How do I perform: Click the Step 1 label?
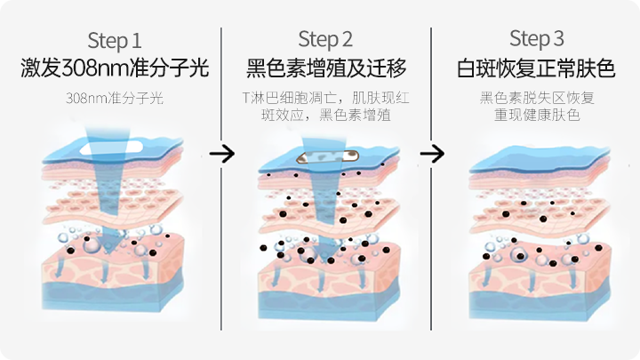115,40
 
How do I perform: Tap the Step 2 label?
325,39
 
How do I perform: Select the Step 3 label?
537,39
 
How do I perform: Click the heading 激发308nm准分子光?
114,68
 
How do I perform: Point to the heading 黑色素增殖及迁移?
325,68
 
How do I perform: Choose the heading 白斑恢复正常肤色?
536,68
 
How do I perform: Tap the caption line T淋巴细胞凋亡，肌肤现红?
324,98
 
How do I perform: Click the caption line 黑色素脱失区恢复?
537,98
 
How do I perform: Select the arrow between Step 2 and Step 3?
432,153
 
